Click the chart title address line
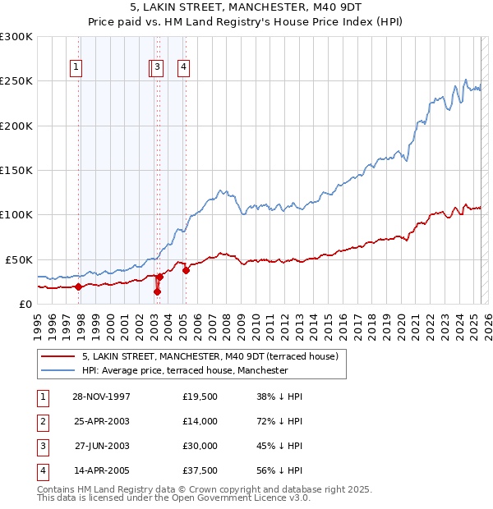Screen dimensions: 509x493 246,7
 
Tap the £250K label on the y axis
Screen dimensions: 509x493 16,81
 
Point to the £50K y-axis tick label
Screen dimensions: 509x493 20,259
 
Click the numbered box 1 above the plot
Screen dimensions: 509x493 76,68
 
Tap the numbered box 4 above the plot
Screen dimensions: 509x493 184,68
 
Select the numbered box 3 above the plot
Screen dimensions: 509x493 158,68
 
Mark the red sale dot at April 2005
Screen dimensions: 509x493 187,270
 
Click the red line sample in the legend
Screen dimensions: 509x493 58,357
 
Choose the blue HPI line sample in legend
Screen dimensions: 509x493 58,370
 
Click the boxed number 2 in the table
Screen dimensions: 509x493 43,421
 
